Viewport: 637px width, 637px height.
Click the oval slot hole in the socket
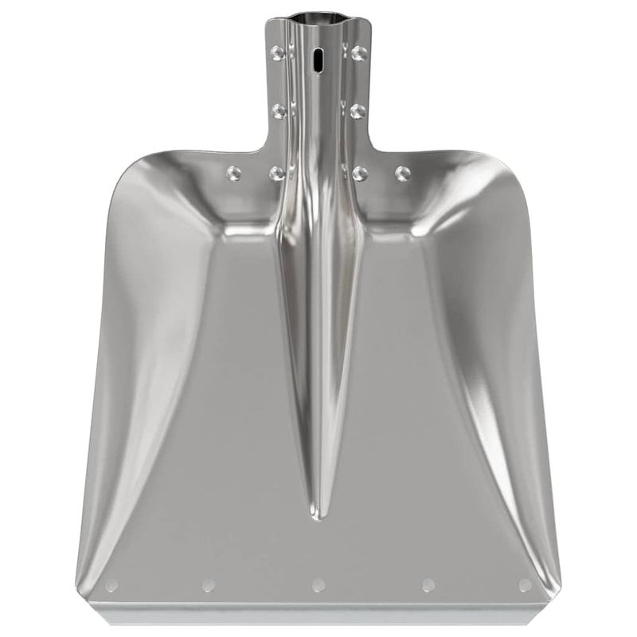[x=318, y=60]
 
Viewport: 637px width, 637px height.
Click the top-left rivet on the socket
[x=278, y=53]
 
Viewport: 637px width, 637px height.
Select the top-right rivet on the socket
[x=358, y=53]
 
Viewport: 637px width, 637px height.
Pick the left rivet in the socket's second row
[x=279, y=111]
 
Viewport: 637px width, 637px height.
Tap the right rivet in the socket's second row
[x=358, y=111]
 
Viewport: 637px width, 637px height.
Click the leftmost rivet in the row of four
[x=233, y=173]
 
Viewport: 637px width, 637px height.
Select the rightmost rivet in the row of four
[x=403, y=173]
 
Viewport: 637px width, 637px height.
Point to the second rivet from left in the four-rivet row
[x=277, y=173]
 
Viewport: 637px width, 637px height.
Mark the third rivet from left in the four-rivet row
[x=360, y=173]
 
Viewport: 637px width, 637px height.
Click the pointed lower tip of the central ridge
[x=318, y=516]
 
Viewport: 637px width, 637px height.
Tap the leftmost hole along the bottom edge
[x=111, y=585]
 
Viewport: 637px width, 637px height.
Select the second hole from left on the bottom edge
[x=209, y=585]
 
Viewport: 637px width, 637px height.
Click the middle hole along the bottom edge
[x=318, y=585]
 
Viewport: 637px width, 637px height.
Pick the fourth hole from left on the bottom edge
[x=428, y=585]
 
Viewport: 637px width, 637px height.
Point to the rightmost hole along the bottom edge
[x=526, y=585]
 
